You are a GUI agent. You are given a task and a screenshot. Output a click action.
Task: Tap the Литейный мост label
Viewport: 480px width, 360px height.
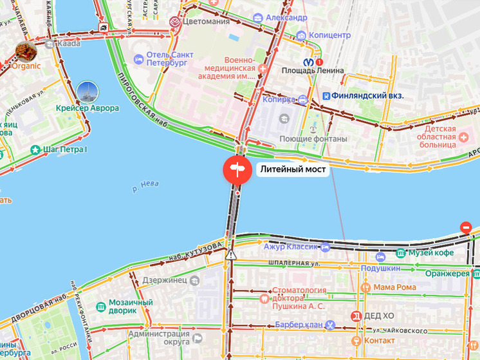click(293, 171)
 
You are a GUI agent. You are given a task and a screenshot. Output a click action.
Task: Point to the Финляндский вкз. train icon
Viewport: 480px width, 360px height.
click(327, 96)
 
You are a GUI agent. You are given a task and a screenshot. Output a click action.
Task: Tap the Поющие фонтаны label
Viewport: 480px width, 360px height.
click(313, 139)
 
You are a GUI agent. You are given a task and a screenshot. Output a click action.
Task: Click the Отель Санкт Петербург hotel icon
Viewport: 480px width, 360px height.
click(138, 59)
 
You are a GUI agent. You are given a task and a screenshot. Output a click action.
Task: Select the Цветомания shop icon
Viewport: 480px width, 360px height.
click(175, 22)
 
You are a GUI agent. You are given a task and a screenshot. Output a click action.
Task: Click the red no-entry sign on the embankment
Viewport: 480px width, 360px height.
click(466, 227)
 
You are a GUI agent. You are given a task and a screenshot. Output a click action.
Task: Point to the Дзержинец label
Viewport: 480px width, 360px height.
click(163, 281)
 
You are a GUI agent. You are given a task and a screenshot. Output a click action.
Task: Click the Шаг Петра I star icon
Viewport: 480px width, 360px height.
click(35, 150)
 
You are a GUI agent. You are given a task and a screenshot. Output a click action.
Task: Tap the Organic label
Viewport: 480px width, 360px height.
click(26, 66)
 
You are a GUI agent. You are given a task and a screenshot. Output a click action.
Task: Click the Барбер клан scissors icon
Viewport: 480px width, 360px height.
click(330, 325)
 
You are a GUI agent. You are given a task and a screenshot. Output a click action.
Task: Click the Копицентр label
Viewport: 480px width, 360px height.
click(329, 35)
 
